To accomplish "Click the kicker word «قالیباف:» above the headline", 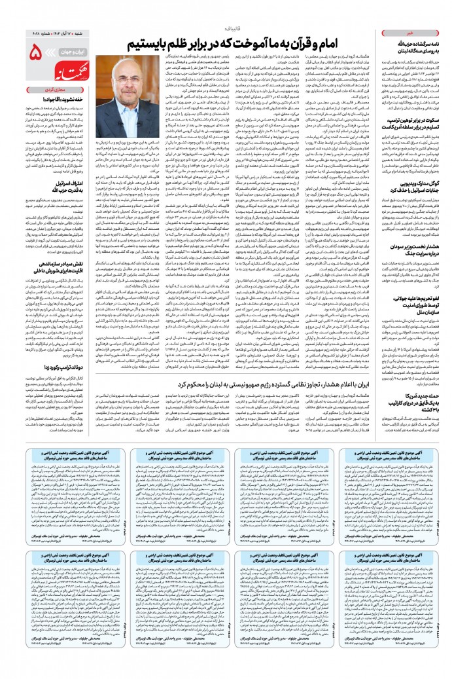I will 235,29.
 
